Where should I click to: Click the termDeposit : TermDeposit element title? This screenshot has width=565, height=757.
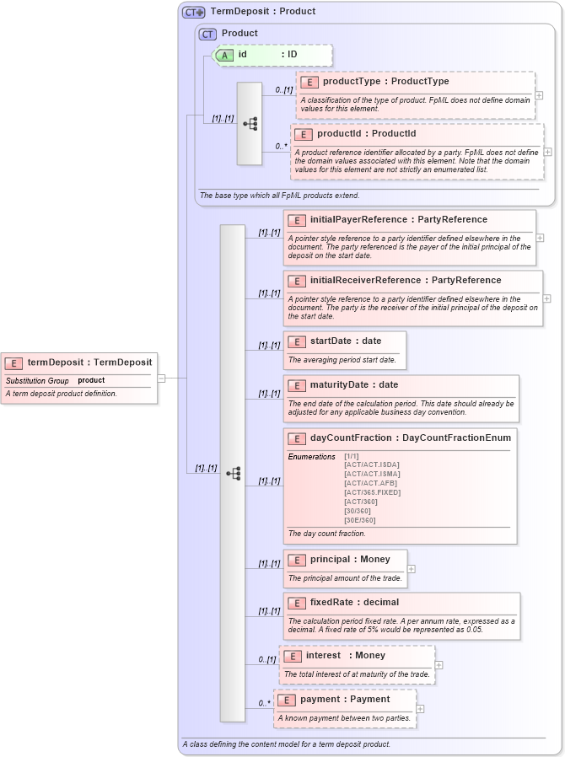point(89,362)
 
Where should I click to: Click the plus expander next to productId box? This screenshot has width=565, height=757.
point(548,152)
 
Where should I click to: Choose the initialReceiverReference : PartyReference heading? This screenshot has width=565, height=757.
point(406,280)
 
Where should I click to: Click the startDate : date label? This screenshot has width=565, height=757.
point(346,341)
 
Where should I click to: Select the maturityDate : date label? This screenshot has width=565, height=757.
point(354,385)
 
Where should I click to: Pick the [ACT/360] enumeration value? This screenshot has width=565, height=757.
point(360,502)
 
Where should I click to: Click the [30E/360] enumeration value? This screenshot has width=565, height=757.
point(360,520)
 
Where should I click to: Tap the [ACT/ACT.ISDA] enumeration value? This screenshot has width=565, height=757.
point(371,464)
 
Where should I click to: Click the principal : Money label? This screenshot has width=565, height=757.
point(350,559)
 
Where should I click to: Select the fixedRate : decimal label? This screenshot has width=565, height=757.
point(354,603)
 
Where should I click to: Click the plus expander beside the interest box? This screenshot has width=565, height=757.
point(439,665)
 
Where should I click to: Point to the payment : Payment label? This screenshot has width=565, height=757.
point(345,699)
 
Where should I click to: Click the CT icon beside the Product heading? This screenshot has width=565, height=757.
point(207,34)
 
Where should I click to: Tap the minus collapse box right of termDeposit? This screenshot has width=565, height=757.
point(161,378)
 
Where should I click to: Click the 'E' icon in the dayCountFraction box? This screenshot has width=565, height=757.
point(296,438)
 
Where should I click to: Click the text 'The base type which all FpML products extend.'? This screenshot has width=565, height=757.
point(279,196)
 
